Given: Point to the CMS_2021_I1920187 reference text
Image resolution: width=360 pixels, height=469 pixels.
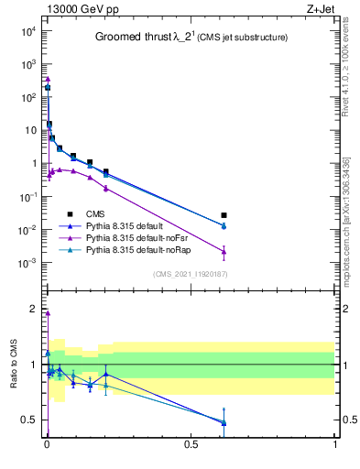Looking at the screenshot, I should click(x=189, y=273).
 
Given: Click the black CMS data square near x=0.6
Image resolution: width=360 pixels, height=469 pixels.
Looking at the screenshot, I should click(x=224, y=215).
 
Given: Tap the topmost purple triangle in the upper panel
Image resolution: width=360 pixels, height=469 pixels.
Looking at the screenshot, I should click(x=47, y=79).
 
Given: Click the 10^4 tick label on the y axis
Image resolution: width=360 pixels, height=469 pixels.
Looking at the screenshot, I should click(x=28, y=31).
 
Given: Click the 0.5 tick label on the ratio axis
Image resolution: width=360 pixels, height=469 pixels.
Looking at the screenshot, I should click(x=31, y=420).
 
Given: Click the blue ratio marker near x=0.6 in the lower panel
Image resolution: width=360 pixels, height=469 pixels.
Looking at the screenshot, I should click(x=224, y=422).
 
